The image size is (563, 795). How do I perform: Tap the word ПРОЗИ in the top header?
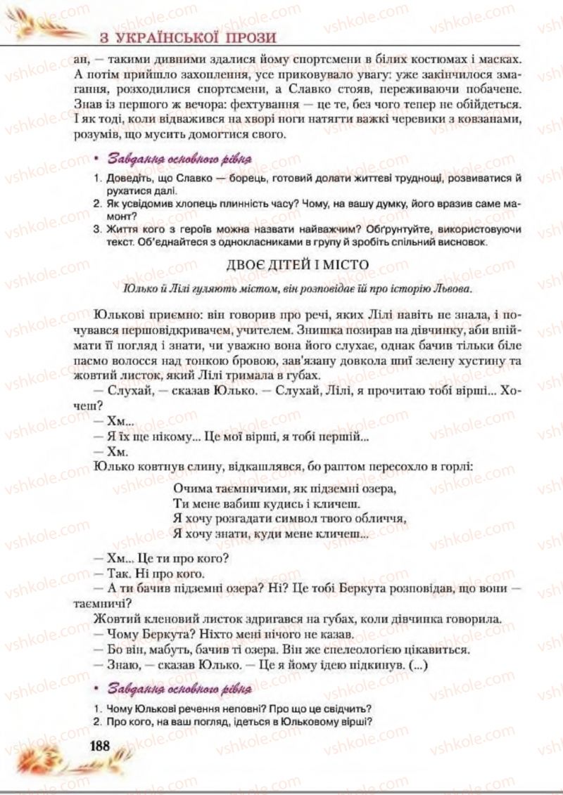point(243,37)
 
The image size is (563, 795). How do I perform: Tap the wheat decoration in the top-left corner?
point(42,25)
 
